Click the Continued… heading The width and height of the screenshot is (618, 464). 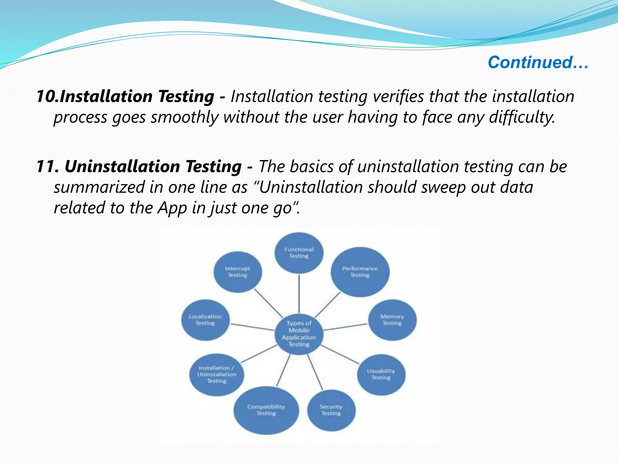coord(538,63)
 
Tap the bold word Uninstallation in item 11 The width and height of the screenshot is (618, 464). coord(122,167)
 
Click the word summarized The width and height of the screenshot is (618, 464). coord(100,187)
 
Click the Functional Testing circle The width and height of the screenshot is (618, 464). coord(299,253)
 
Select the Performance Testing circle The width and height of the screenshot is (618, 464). coord(360,272)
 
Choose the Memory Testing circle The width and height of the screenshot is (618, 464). coord(392,320)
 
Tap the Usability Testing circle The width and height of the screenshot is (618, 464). coord(381,375)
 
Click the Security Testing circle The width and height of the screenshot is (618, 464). coord(331,410)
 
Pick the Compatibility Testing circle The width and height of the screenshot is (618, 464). coord(266,410)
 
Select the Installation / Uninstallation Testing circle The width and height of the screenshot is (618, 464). coord(217,375)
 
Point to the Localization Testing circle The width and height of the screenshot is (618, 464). coord(205,320)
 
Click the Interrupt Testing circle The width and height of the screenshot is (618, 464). coord(237,272)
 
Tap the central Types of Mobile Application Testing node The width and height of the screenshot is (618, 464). coord(299,334)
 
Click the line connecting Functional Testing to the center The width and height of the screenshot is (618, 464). coord(299,293)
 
